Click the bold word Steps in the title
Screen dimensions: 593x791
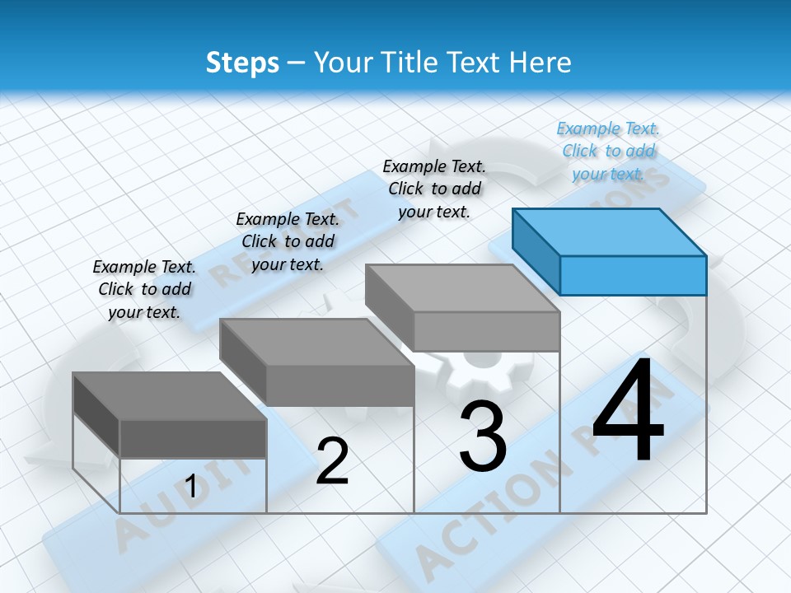pos(242,63)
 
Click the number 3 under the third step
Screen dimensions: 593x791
pos(483,437)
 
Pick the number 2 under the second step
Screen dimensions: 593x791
pos(332,461)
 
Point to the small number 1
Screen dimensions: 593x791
pos(191,487)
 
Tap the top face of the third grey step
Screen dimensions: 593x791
pos(461,288)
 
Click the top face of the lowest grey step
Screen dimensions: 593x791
pos(169,396)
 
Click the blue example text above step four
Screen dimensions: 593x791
pos(608,151)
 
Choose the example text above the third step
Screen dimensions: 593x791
pos(434,189)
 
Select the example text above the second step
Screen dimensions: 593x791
pos(288,241)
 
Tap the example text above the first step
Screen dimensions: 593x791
pos(144,289)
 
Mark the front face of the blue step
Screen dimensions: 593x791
pos(633,275)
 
